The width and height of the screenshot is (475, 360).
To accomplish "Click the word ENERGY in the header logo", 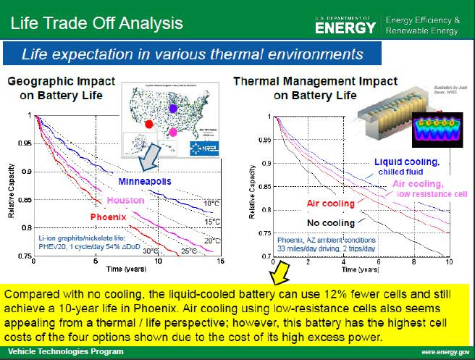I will coord(346,27).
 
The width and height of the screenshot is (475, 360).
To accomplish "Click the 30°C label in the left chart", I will coord(150,250).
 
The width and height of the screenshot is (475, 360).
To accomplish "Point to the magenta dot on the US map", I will coord(173,133).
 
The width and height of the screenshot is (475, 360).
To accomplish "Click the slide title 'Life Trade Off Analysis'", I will coord(94,22).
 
